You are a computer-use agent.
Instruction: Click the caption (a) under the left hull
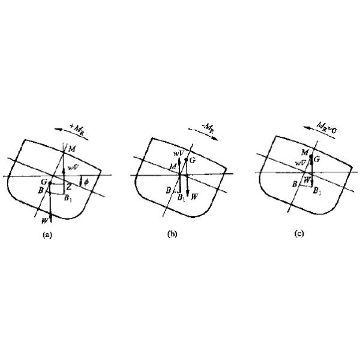coord(47,235)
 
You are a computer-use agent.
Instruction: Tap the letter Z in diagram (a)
coord(70,187)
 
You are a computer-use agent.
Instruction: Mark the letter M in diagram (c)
coord(305,153)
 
